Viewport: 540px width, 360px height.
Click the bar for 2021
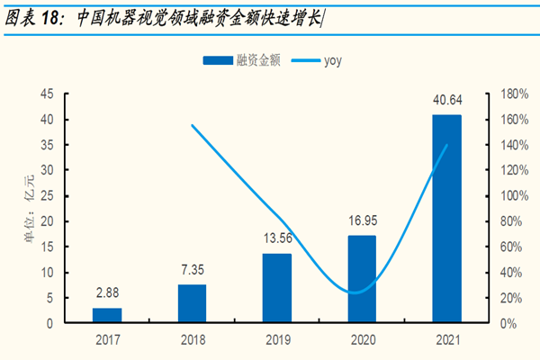[x=446, y=218]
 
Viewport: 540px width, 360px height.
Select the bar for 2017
[x=108, y=315]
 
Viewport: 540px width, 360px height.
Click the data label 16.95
[x=362, y=219]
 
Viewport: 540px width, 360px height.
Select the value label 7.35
[x=193, y=270]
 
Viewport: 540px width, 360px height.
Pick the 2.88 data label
[x=108, y=293]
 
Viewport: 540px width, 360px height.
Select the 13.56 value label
[x=277, y=239]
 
